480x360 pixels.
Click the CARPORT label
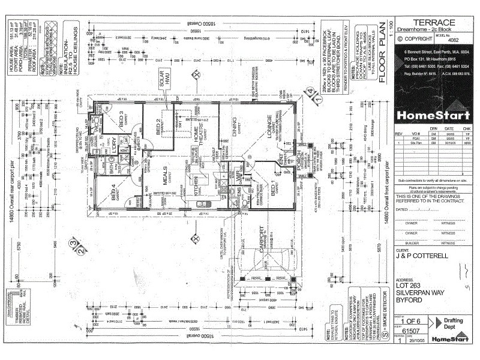(262, 239)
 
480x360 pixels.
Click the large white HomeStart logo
(428, 115)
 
